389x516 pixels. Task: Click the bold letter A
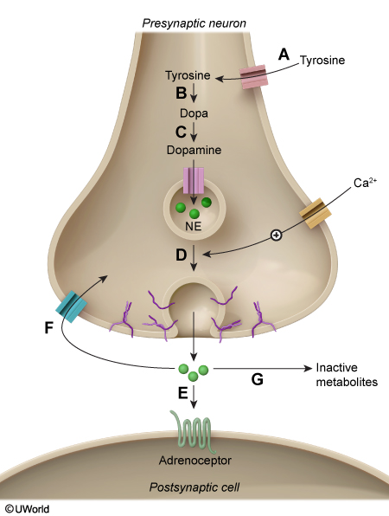click(x=284, y=55)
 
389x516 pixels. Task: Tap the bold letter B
click(x=181, y=93)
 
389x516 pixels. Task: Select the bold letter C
click(x=181, y=132)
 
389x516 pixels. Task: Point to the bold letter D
click(x=181, y=255)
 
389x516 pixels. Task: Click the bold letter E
click(x=182, y=393)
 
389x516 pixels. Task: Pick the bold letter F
click(x=49, y=328)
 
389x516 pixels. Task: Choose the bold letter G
click(x=258, y=379)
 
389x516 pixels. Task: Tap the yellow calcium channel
click(x=315, y=213)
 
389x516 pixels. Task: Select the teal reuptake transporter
click(x=71, y=306)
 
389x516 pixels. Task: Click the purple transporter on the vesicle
click(x=194, y=180)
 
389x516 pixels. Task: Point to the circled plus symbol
click(x=276, y=235)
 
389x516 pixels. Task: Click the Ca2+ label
click(x=365, y=183)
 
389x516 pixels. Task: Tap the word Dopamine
click(x=194, y=150)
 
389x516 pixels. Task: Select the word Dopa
click(x=194, y=113)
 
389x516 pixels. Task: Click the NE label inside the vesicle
click(x=193, y=227)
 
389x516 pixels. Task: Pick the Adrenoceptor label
click(x=195, y=460)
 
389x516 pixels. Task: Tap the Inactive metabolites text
click(x=347, y=375)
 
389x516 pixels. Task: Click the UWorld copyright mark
click(x=28, y=509)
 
